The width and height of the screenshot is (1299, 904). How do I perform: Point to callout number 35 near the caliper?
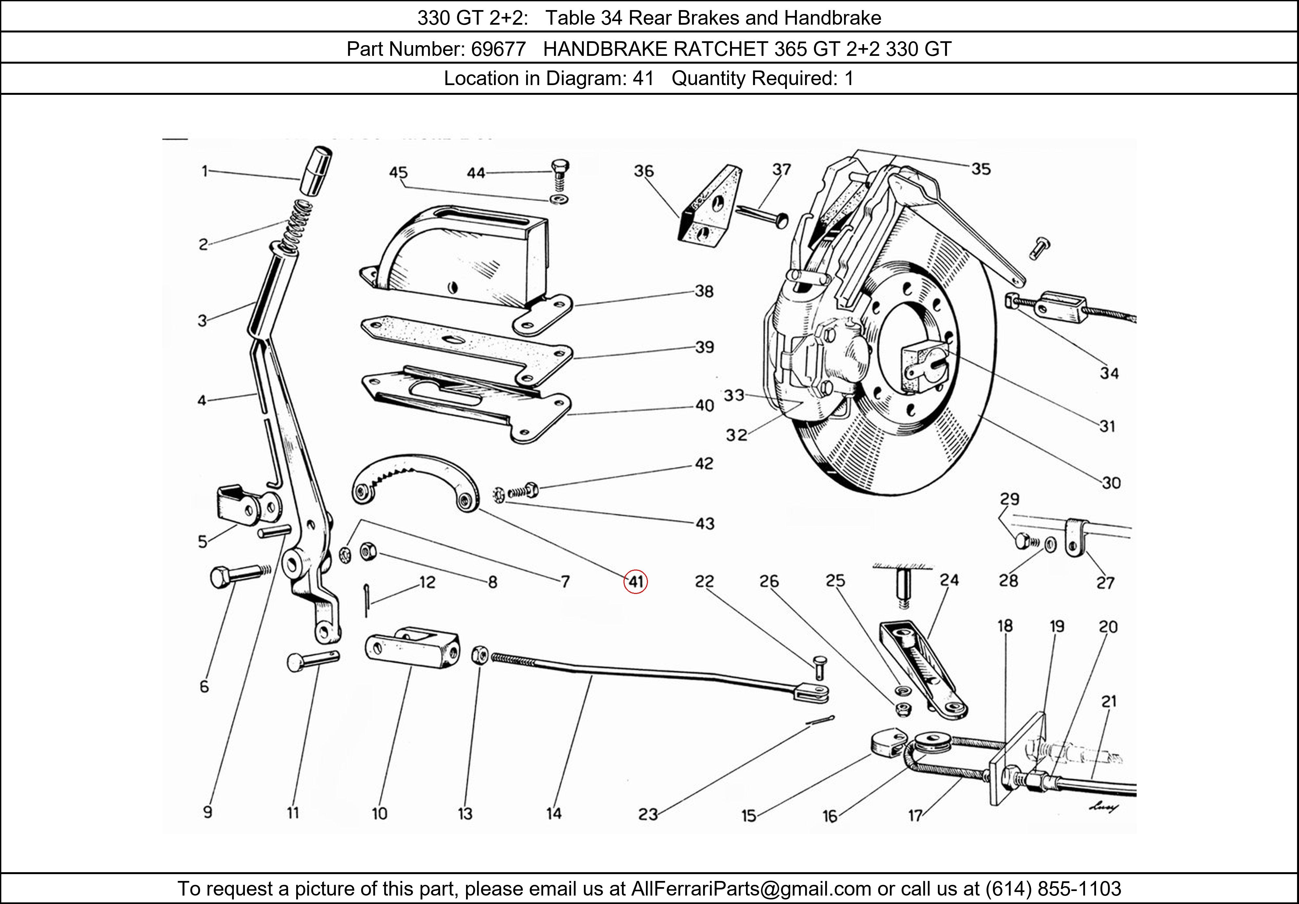pos(981,169)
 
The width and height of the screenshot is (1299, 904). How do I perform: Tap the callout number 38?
pos(704,291)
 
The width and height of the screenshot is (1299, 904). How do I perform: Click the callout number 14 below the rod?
pos(554,813)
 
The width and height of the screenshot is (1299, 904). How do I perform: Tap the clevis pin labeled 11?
pos(312,660)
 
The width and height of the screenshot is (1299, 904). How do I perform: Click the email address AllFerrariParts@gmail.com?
pos(751,889)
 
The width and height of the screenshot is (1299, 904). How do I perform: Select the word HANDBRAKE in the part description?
pos(605,49)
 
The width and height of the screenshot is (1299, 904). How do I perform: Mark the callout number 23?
pos(648,814)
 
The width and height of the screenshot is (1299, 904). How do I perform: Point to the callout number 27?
pos(1104,582)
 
